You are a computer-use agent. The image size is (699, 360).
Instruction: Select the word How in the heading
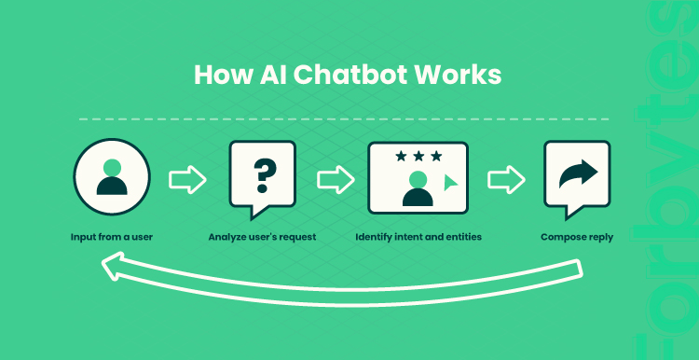point(223,75)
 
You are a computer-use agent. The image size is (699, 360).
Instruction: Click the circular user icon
point(112,177)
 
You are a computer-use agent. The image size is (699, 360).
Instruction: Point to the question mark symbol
point(265,176)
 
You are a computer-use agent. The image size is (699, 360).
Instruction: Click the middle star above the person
point(418,156)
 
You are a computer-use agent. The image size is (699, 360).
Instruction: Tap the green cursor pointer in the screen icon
point(450,183)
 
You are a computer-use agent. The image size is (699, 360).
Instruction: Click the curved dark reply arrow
point(578,174)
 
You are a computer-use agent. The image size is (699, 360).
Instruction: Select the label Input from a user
point(112,237)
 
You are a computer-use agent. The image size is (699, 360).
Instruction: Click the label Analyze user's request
point(262,237)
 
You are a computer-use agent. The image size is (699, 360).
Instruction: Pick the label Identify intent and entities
point(418,237)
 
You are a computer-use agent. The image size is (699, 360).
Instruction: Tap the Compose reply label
point(577,237)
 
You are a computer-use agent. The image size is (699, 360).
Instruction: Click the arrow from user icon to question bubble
point(187,179)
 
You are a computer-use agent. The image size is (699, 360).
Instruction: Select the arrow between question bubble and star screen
point(336,179)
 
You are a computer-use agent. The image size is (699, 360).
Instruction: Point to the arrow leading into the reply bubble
point(506,179)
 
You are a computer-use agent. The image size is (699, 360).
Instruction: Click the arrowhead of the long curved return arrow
point(113,266)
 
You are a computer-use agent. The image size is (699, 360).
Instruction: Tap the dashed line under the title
point(344,119)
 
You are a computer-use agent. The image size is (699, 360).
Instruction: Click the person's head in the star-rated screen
point(418,179)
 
